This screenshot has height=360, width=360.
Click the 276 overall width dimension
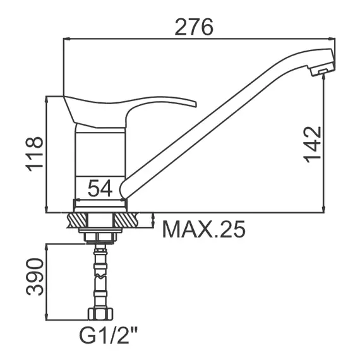(x=194, y=27)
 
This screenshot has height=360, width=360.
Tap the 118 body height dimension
(x=35, y=154)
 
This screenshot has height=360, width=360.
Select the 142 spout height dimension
(x=313, y=145)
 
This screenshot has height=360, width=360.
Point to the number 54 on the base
(x=100, y=188)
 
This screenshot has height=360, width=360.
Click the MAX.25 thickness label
(x=203, y=229)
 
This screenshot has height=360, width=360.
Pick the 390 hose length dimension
(x=35, y=277)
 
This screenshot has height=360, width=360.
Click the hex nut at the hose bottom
(x=100, y=314)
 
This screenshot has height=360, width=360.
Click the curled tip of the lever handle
(x=194, y=104)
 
